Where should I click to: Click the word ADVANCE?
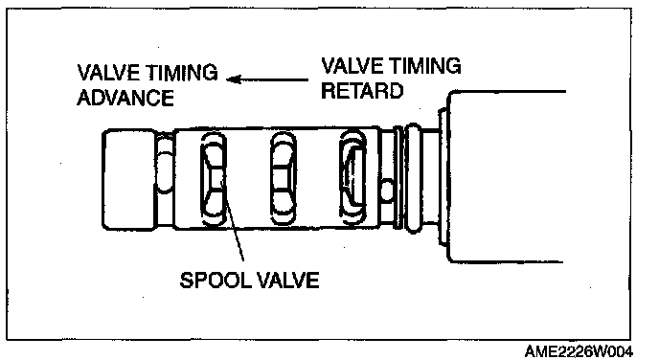[125, 98]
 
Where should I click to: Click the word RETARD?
[362, 91]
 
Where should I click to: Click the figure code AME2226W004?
[579, 351]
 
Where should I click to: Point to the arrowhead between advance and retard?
[234, 79]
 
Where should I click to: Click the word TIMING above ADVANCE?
[182, 73]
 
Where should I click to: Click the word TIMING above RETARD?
[425, 66]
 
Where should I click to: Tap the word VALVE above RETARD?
[353, 66]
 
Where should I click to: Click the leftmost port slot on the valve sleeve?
[214, 178]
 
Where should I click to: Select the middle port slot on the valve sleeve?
[283, 178]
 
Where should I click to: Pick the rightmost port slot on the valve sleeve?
[352, 178]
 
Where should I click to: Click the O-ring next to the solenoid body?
[413, 177]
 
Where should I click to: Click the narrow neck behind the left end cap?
[165, 180]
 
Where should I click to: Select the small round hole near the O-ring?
[386, 190]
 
